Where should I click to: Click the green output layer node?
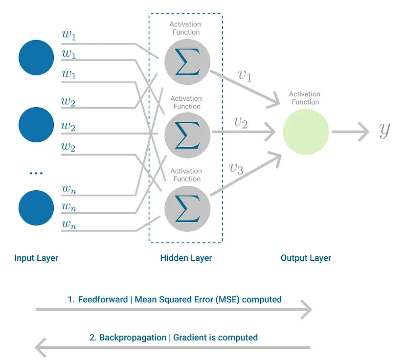[306, 132]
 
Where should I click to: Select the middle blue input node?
[36, 125]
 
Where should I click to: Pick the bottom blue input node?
[36, 208]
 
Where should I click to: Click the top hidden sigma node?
[187, 62]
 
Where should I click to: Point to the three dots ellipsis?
[36, 173]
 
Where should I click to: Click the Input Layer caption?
[36, 258]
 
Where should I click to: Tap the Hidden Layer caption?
[186, 258]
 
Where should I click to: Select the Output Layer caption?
[306, 258]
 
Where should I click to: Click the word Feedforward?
[103, 299]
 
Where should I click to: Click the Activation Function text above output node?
[304, 98]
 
